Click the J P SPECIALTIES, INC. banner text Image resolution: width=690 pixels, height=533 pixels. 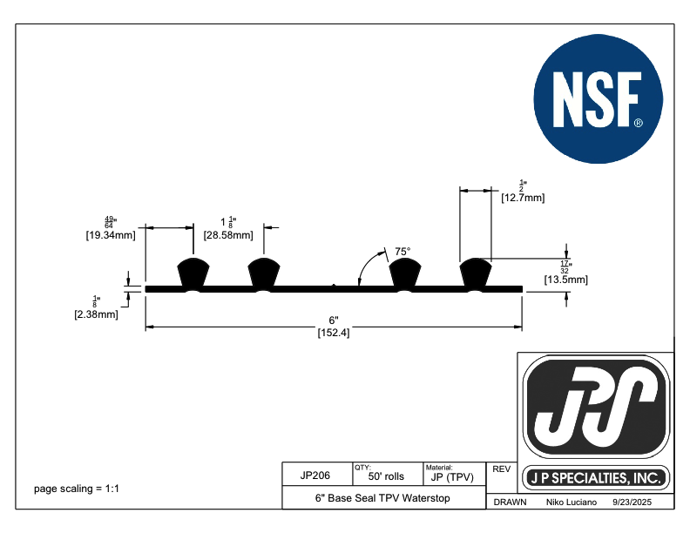click(597, 478)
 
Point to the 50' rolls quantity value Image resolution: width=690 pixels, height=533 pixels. click(386, 477)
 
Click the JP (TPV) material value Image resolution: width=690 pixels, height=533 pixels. click(451, 477)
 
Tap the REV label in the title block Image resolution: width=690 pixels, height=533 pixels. click(501, 469)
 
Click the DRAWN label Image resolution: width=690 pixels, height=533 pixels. click(510, 503)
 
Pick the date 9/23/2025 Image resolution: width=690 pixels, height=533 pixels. click(632, 503)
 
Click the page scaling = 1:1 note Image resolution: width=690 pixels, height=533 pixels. click(76, 489)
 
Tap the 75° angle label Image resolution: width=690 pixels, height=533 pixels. click(402, 252)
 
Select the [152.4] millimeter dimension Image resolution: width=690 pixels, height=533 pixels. click(334, 334)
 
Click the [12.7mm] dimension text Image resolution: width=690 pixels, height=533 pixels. click(523, 198)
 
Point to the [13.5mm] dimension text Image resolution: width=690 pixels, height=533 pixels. click(565, 280)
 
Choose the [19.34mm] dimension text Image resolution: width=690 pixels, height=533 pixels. click(110, 235)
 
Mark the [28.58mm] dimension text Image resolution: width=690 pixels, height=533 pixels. click(228, 235)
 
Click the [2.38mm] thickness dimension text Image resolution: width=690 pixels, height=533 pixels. click(97, 314)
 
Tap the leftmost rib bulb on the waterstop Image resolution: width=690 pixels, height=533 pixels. click(193, 273)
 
